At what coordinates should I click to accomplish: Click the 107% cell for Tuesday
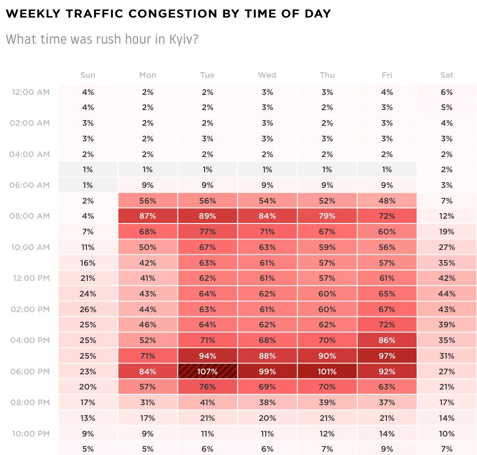click(x=207, y=371)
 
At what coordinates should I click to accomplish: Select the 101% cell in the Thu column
click(x=327, y=371)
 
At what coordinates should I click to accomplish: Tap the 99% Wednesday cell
click(x=267, y=371)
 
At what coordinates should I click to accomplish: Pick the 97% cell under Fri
click(x=387, y=356)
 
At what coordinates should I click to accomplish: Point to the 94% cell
click(x=207, y=356)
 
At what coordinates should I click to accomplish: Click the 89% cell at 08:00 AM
click(x=207, y=216)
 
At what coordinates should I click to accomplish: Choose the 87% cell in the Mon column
click(x=148, y=216)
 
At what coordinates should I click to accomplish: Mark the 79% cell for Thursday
click(x=327, y=216)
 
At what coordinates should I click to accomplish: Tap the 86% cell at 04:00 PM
click(x=387, y=340)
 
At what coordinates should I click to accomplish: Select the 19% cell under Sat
click(x=447, y=232)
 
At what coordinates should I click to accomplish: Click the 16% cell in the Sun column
click(x=88, y=262)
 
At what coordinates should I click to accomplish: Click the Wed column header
click(x=267, y=75)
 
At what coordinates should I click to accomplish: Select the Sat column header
click(x=447, y=75)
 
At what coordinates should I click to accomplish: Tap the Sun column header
click(x=88, y=75)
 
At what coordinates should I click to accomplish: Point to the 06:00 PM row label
click(x=30, y=371)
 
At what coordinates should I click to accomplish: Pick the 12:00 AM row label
click(x=30, y=92)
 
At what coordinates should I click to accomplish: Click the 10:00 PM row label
click(x=30, y=434)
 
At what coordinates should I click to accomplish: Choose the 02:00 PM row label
click(x=30, y=309)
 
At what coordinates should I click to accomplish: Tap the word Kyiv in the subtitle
click(x=181, y=39)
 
